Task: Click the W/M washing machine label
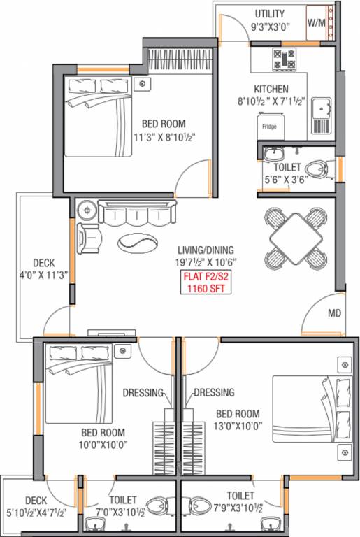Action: click(x=317, y=22)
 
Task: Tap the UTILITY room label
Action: click(x=270, y=13)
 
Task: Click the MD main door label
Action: click(x=334, y=313)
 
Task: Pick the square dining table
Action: click(x=296, y=237)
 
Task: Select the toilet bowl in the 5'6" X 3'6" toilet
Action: click(x=318, y=168)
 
